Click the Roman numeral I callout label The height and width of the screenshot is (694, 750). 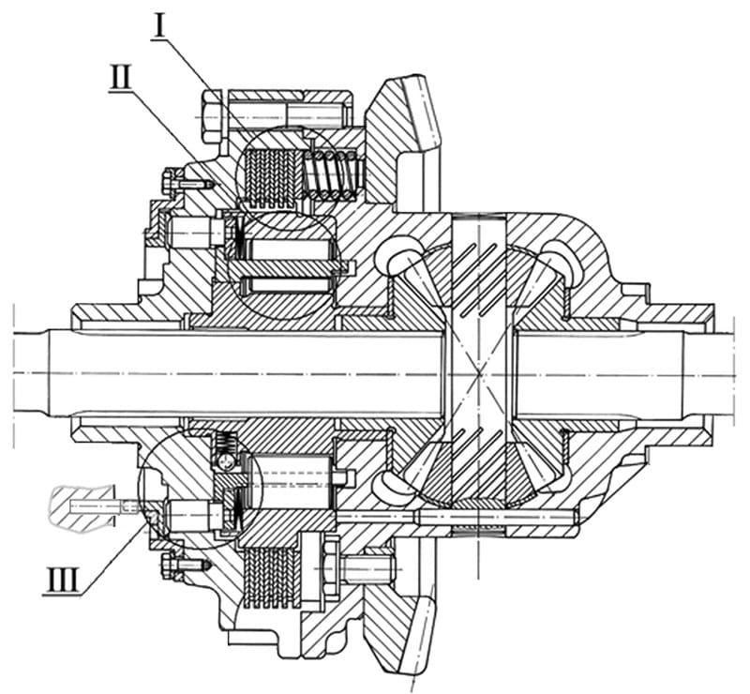159,27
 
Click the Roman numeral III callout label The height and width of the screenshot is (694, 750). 62,581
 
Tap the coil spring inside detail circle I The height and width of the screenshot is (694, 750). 331,173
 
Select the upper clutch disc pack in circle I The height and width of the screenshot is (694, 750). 271,178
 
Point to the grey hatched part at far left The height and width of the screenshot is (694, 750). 83,508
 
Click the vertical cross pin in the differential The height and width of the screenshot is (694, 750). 479,373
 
